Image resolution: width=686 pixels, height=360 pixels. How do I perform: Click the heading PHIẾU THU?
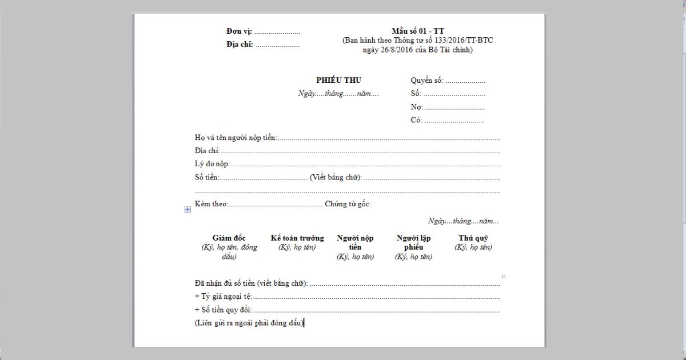[x=338, y=81]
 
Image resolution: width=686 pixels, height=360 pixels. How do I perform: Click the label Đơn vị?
[x=239, y=31]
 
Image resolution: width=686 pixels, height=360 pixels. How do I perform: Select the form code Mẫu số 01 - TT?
[x=418, y=31]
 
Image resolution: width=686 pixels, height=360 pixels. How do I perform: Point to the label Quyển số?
[x=426, y=81]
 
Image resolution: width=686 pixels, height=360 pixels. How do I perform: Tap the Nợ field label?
[x=416, y=107]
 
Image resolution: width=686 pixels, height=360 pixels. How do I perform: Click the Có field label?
[x=416, y=121]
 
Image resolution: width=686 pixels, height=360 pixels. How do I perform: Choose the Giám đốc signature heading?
[x=229, y=238]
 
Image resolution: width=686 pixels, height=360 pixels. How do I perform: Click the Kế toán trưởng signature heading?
[x=297, y=238]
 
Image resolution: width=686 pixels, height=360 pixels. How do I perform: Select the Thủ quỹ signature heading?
[x=473, y=238]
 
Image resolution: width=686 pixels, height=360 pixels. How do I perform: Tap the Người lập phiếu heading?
[x=413, y=242]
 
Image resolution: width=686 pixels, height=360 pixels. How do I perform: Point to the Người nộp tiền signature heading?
[x=355, y=242]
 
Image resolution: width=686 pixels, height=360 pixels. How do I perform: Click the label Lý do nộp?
[x=212, y=164]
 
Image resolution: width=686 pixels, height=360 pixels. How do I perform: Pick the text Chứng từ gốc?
[x=348, y=204]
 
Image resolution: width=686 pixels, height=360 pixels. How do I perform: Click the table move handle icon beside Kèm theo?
[x=187, y=210]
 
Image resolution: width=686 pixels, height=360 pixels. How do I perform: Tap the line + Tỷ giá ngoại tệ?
[x=223, y=297]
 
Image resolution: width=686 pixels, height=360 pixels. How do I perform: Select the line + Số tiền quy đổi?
[x=223, y=310]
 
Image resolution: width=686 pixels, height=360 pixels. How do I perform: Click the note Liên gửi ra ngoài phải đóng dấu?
[x=249, y=323]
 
